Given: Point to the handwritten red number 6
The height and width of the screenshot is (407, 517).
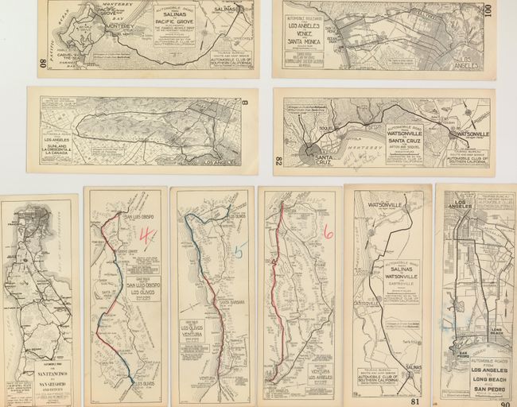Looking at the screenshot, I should click(x=327, y=231).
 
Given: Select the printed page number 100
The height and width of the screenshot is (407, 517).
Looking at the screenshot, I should click(x=487, y=10).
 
